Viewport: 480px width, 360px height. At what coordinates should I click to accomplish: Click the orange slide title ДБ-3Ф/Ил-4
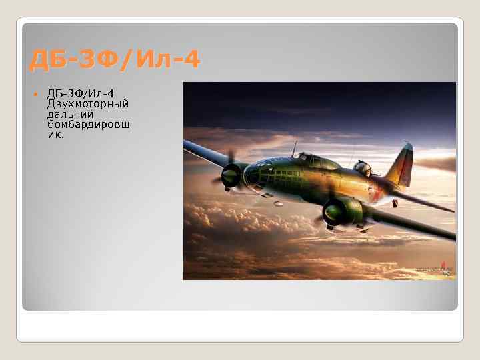pos(114,61)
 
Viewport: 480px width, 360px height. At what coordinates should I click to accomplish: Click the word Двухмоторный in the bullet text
pos(88,104)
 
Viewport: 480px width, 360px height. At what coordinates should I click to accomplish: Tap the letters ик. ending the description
pos(56,134)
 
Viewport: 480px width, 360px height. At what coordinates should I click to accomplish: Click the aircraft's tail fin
pos(404,164)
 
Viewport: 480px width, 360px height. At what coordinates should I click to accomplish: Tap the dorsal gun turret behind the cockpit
pos(363,167)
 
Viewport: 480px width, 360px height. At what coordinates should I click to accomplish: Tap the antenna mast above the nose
pos(293,148)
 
